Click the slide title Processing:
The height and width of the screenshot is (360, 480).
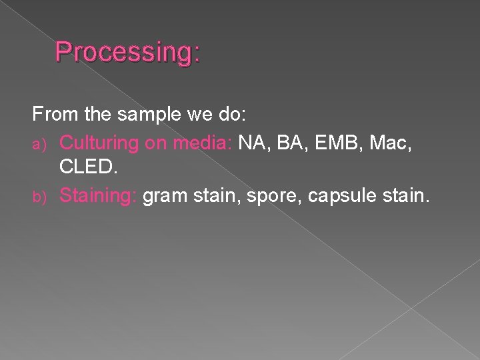pyautogui.click(x=127, y=52)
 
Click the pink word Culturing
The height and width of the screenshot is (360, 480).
pyautogui.click(x=99, y=142)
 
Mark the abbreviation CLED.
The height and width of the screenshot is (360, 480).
pyautogui.click(x=87, y=168)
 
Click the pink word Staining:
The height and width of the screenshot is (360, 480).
pyautogui.click(x=98, y=195)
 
